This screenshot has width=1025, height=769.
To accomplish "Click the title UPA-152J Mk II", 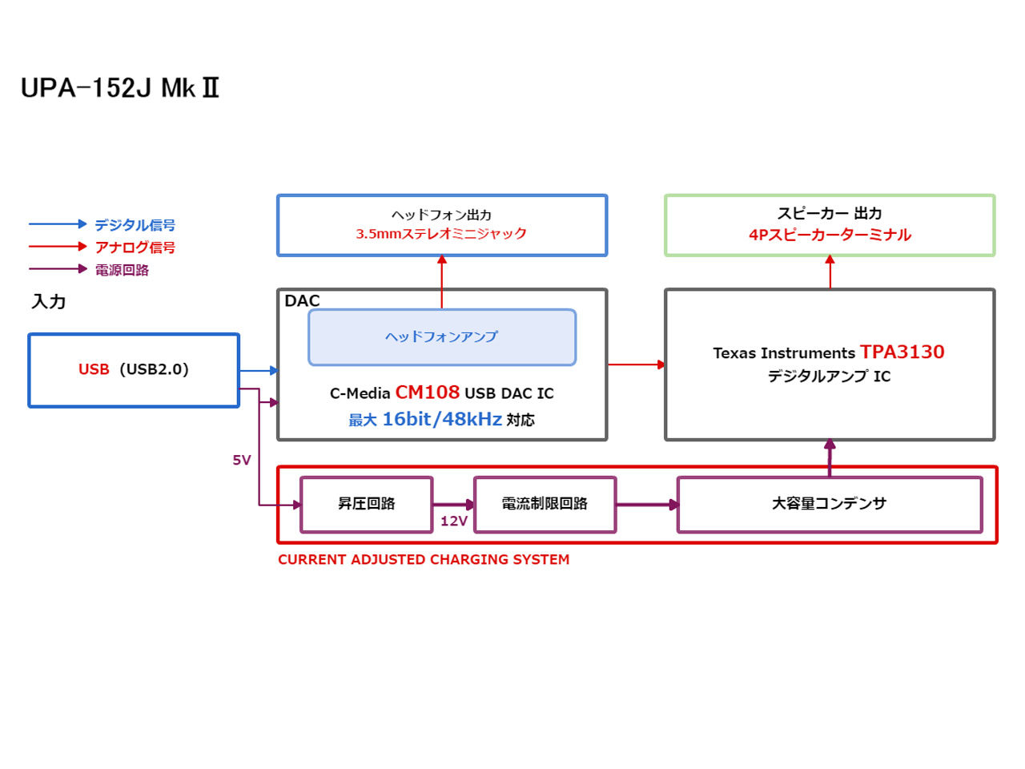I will pos(120,87).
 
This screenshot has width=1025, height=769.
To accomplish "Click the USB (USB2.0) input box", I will pos(134,370).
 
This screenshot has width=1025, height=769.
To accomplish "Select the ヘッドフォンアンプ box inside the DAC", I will pos(441,337).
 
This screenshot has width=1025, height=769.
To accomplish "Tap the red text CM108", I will pos(428,393).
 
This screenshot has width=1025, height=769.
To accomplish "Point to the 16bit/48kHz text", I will pos(442,419).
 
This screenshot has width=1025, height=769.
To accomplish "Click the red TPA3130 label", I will pos(902,352).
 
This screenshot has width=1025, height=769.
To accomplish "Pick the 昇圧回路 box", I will pos(367,504).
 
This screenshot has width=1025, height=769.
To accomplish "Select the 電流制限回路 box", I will pos(545,504).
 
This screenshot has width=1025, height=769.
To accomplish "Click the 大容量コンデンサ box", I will pos(830,504).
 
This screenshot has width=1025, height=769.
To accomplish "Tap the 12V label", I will pos(454,521).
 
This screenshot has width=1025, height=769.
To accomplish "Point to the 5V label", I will pos(242,460).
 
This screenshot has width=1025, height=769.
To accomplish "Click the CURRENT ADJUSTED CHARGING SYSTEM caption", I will pos(424,560).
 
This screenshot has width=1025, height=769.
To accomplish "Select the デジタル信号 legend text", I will pos(135,225).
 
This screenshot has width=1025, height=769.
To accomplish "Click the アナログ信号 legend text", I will pos(135,248).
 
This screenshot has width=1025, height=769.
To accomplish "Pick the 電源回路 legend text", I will pos(122,270).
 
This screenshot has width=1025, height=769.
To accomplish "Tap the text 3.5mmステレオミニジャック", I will pos(441,234).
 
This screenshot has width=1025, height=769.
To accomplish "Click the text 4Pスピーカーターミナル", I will pos(830,235).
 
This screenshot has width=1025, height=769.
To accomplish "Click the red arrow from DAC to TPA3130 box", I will pos(636,364).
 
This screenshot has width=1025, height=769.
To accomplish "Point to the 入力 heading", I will pos(49,302).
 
